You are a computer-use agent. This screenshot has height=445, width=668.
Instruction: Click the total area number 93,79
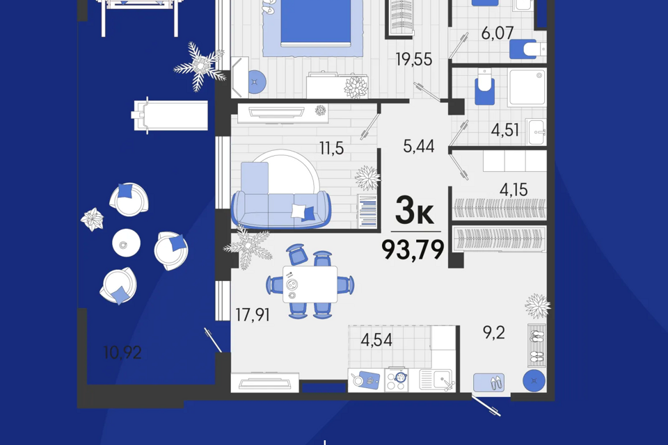pos(413,248)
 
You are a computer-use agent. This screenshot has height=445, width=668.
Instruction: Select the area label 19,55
pos(413,60)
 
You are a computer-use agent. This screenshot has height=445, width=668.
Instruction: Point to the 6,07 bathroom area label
pos(498,32)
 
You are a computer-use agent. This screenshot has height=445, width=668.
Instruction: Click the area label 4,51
pos(505,130)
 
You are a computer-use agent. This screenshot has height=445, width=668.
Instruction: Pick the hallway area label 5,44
pos(419,146)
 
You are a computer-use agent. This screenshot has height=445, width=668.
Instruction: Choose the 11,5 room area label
pos(331,148)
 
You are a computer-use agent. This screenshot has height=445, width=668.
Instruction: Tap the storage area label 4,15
pos(513,189)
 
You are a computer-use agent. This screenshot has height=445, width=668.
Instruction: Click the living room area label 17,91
pos(252,315)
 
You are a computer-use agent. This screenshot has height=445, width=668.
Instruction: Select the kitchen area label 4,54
pos(377,340)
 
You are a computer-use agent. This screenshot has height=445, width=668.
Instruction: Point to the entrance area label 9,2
pos(493,332)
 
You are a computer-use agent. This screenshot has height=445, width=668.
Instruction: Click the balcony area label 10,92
pos(122,353)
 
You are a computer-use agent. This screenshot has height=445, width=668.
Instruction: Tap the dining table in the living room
pos(310,284)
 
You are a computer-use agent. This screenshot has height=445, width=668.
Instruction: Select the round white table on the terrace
pos(126,243)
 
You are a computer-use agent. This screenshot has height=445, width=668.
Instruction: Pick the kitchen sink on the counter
pos(437,380)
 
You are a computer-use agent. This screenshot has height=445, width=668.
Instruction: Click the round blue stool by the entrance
pos(534,381)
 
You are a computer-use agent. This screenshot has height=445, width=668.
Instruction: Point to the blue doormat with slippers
pos(489,382)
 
